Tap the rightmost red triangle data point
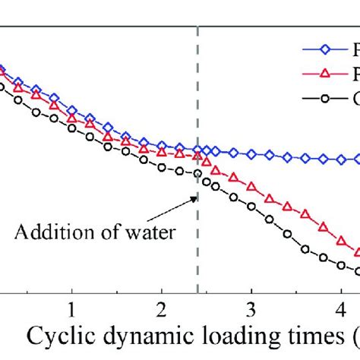click(x=355, y=251)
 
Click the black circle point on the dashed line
click(x=197, y=173)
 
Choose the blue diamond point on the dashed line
click(x=197, y=150)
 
